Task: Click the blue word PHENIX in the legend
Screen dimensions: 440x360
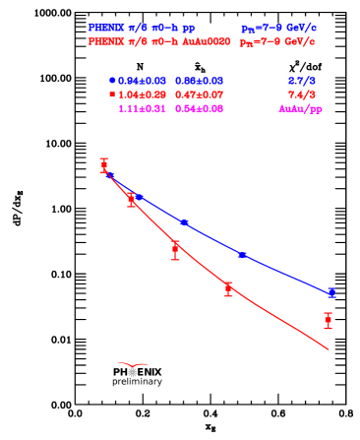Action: coord(104,29)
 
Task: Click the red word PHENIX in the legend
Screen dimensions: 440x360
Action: coord(104,41)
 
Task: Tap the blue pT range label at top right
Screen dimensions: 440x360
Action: coord(278,30)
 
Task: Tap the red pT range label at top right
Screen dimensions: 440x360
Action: coord(278,43)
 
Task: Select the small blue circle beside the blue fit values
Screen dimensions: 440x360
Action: coord(112,80)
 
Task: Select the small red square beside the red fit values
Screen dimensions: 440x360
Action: coord(112,94)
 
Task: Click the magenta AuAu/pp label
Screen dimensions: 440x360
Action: coord(300,108)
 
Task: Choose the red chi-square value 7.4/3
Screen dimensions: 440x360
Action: coord(301,94)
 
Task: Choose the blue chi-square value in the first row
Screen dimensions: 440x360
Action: coord(301,80)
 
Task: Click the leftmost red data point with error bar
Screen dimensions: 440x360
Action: coord(104,164)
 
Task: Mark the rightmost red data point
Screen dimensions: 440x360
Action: coord(328,320)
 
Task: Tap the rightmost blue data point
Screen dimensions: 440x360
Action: coord(331,292)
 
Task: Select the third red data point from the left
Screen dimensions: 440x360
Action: coord(175,249)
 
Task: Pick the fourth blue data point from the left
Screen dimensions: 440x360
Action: coord(242,255)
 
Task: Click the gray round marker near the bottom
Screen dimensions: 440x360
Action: coord(133,372)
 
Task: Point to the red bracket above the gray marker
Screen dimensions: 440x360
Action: coord(133,364)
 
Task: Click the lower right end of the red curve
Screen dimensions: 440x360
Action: coord(327,347)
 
